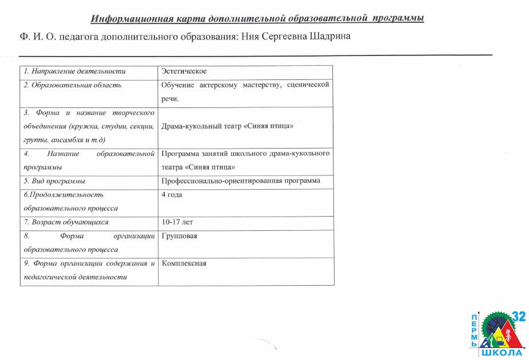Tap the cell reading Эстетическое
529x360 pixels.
pyautogui.click(x=184, y=71)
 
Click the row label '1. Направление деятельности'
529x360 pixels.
pyautogui.click(x=74, y=71)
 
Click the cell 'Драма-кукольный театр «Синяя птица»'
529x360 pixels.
pyautogui.click(x=227, y=126)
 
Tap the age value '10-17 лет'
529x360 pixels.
pyautogui.click(x=178, y=222)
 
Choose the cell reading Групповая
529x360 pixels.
pyautogui.click(x=179, y=235)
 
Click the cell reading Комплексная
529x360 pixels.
pyautogui.click(x=184, y=263)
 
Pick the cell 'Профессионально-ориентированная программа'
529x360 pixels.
pyautogui.click(x=241, y=181)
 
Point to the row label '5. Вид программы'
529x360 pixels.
pyautogui.click(x=54, y=181)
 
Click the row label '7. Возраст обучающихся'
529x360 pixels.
pyautogui.click(x=66, y=222)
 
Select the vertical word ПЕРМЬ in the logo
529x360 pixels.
pyautogui.click(x=474, y=330)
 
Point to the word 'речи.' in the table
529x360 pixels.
pyautogui.click(x=170, y=99)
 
